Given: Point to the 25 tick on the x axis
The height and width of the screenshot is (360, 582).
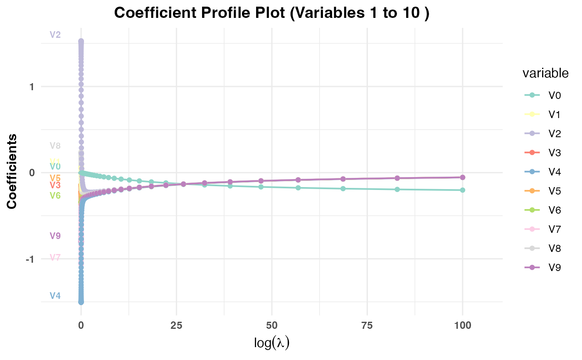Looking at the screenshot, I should [x=176, y=325].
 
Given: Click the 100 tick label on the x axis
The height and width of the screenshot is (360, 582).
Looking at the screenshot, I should [x=462, y=325].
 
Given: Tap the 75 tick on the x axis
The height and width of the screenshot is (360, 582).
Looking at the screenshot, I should [x=367, y=325].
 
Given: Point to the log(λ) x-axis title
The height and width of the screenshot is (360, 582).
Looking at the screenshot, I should [x=271, y=343].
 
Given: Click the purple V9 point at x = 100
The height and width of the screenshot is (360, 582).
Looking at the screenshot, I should [x=462, y=177].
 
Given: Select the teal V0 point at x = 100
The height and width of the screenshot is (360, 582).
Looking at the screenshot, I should [x=462, y=190].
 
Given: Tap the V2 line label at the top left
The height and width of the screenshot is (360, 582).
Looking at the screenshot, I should [x=55, y=35].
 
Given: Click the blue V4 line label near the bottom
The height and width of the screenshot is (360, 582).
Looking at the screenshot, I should [x=55, y=296].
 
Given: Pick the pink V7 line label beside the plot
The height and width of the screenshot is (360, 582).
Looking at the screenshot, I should [x=55, y=258].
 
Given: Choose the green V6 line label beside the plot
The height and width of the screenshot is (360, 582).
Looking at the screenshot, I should [x=55, y=195].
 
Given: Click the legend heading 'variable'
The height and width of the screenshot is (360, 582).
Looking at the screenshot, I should [x=545, y=74].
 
